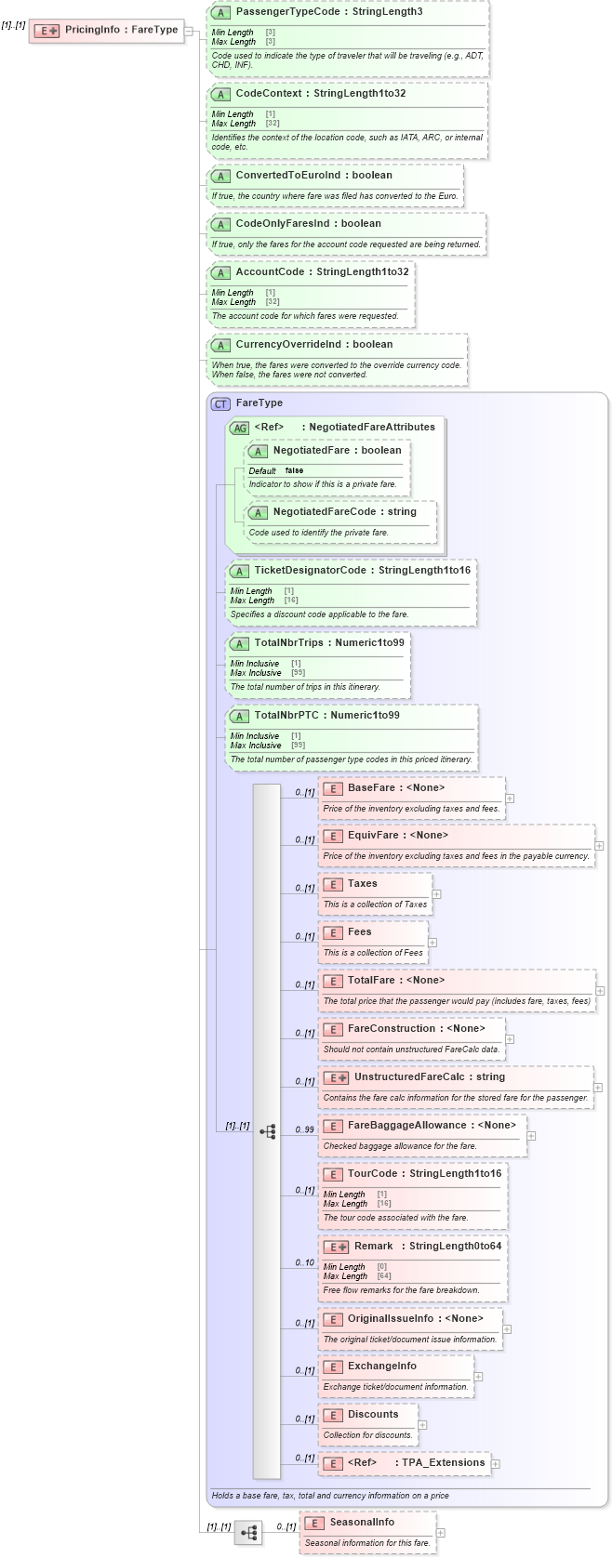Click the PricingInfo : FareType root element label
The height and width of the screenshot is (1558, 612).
[121, 30]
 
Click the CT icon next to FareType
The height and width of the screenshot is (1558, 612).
[220, 403]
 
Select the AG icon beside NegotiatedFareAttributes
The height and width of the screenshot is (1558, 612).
[239, 428]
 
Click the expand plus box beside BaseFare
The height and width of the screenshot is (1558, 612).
[510, 799]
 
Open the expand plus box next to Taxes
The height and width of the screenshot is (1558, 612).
[437, 894]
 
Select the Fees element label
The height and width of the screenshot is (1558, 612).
[359, 932]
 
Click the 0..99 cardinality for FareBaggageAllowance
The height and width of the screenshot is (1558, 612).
[304, 1130]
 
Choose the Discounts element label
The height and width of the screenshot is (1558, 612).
[372, 1415]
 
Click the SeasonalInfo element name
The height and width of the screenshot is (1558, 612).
[361, 1523]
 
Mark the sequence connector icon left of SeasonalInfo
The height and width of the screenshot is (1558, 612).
[248, 1533]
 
